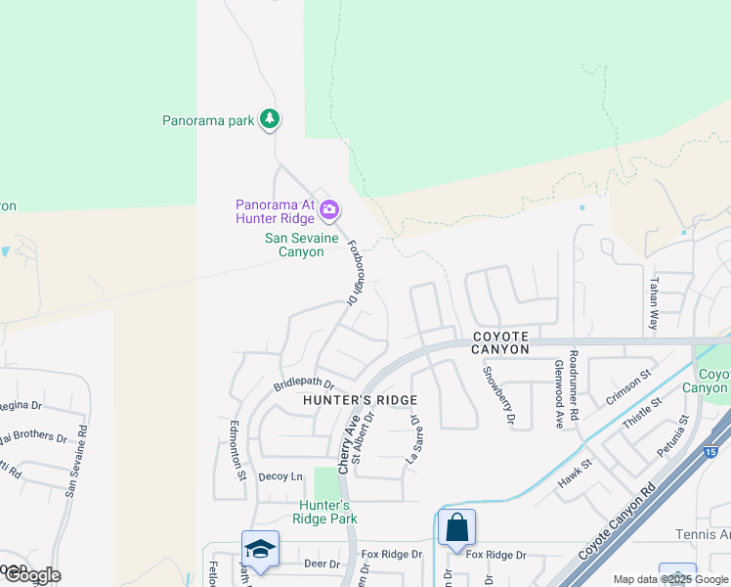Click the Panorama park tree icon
point(270,119)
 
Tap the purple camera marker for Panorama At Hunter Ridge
point(330,208)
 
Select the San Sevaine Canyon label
point(295,245)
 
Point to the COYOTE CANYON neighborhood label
point(500,341)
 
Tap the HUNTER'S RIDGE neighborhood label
point(360,400)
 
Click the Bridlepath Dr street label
point(304,385)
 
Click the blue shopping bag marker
point(456,528)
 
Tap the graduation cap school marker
point(260,549)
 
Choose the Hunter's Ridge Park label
point(327,512)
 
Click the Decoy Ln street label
point(280,476)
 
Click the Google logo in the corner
point(31,574)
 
